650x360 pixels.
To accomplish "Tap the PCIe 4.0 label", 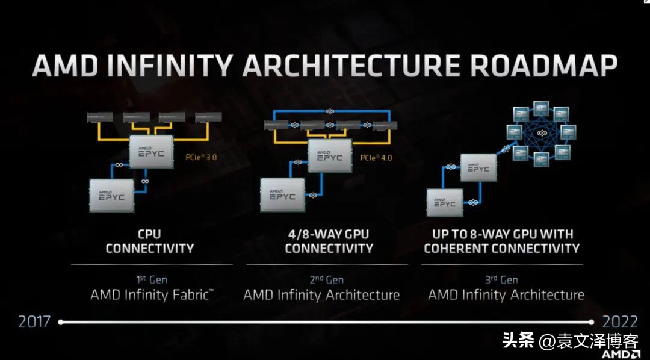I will tap(377, 158).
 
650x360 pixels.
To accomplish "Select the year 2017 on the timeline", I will tap(34, 322).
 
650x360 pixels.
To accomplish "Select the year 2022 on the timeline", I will tap(621, 322).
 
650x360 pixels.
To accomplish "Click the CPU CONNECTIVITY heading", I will tap(150, 241).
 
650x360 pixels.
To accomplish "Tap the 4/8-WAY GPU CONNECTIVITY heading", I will tap(329, 241).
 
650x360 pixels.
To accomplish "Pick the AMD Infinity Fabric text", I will tap(152, 295).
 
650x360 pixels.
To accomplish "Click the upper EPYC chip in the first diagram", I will tap(152, 151).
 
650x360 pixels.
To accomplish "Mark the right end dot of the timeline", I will tap(590, 322).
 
